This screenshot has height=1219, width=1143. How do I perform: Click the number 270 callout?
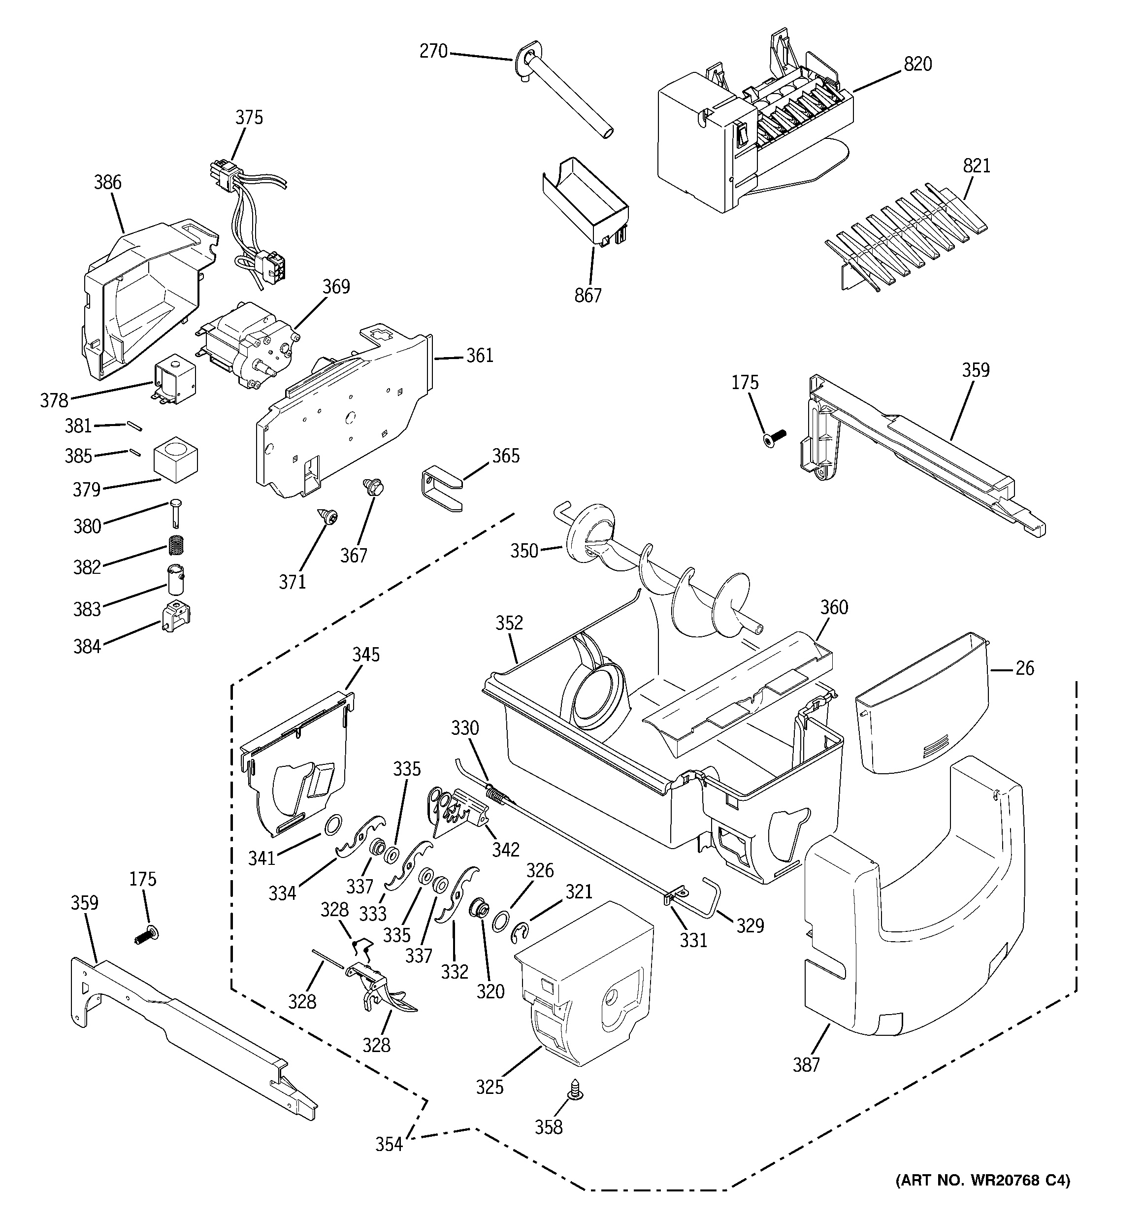click(433, 51)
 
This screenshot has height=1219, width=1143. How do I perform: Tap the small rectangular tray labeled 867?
click(586, 202)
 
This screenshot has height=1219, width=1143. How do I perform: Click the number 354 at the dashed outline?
click(389, 1144)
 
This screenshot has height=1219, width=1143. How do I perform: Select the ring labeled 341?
click(332, 825)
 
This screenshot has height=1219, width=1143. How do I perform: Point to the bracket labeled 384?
click(176, 616)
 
